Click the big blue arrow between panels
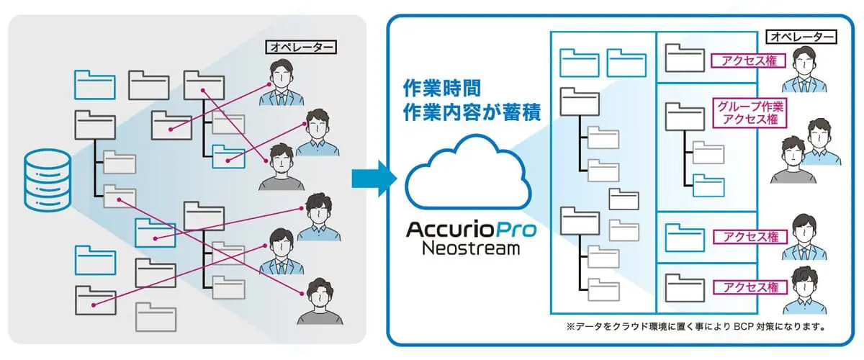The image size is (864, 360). (x=374, y=179)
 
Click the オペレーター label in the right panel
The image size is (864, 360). (x=801, y=36)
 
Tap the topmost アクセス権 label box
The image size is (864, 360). (x=746, y=60)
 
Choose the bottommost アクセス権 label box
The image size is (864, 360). (x=746, y=287)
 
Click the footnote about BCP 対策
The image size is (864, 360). (x=695, y=326)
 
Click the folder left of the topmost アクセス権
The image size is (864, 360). (x=685, y=58)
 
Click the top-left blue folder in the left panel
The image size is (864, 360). (x=94, y=84)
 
